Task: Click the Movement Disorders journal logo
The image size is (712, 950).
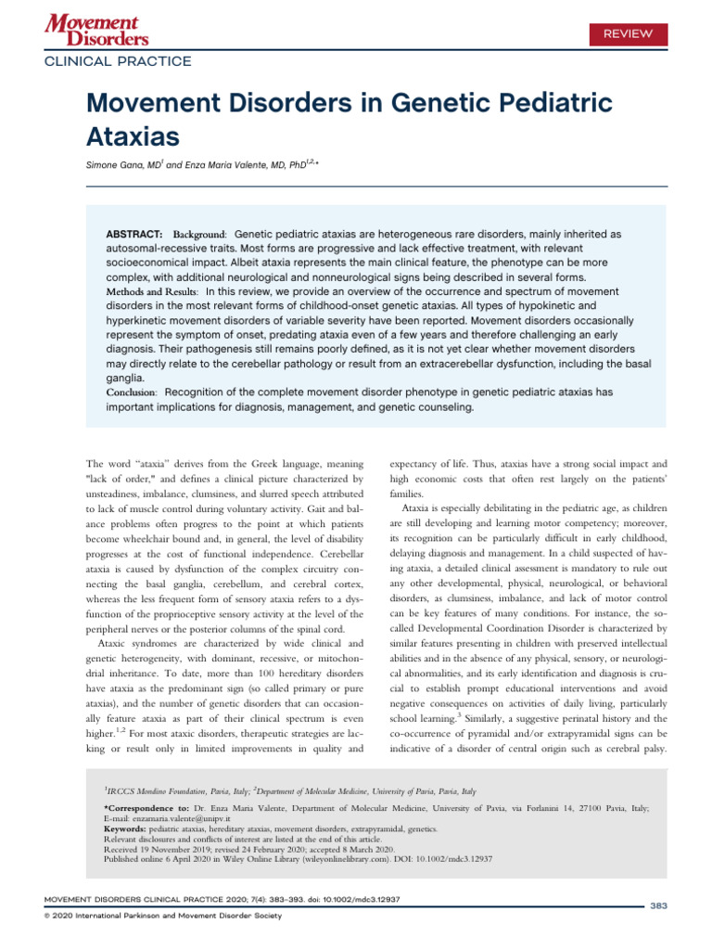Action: [x=93, y=30]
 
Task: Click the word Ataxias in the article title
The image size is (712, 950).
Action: [x=133, y=137]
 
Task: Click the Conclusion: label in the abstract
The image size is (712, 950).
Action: [x=136, y=392]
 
